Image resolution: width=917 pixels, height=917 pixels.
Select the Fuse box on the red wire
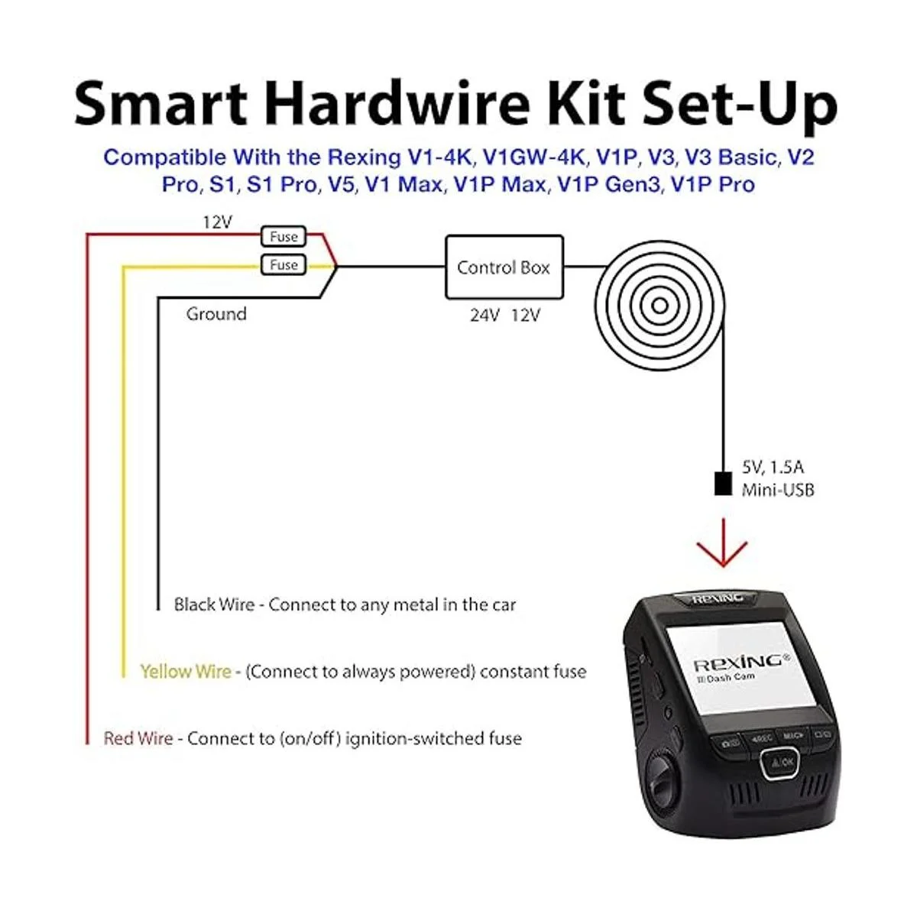(x=284, y=236)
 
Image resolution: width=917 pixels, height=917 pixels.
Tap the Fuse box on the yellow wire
(x=284, y=264)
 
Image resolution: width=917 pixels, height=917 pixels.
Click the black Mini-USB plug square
(x=722, y=484)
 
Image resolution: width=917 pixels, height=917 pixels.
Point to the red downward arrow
(x=722, y=543)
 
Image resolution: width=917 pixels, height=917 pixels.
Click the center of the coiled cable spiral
(x=659, y=306)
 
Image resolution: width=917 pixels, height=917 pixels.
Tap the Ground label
(x=216, y=314)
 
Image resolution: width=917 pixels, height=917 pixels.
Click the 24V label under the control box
(x=485, y=315)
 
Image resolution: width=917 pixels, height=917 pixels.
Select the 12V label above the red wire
(x=218, y=222)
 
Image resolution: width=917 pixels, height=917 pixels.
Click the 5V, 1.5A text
(x=773, y=467)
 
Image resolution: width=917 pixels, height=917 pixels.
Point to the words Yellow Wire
(x=186, y=672)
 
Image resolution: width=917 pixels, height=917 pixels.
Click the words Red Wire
(x=138, y=738)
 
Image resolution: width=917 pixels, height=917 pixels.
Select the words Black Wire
(x=214, y=604)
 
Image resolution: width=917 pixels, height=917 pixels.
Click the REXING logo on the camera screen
(x=742, y=663)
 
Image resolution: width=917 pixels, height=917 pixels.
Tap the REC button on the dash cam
(x=761, y=738)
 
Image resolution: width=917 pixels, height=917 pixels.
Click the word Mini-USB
(x=778, y=490)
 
